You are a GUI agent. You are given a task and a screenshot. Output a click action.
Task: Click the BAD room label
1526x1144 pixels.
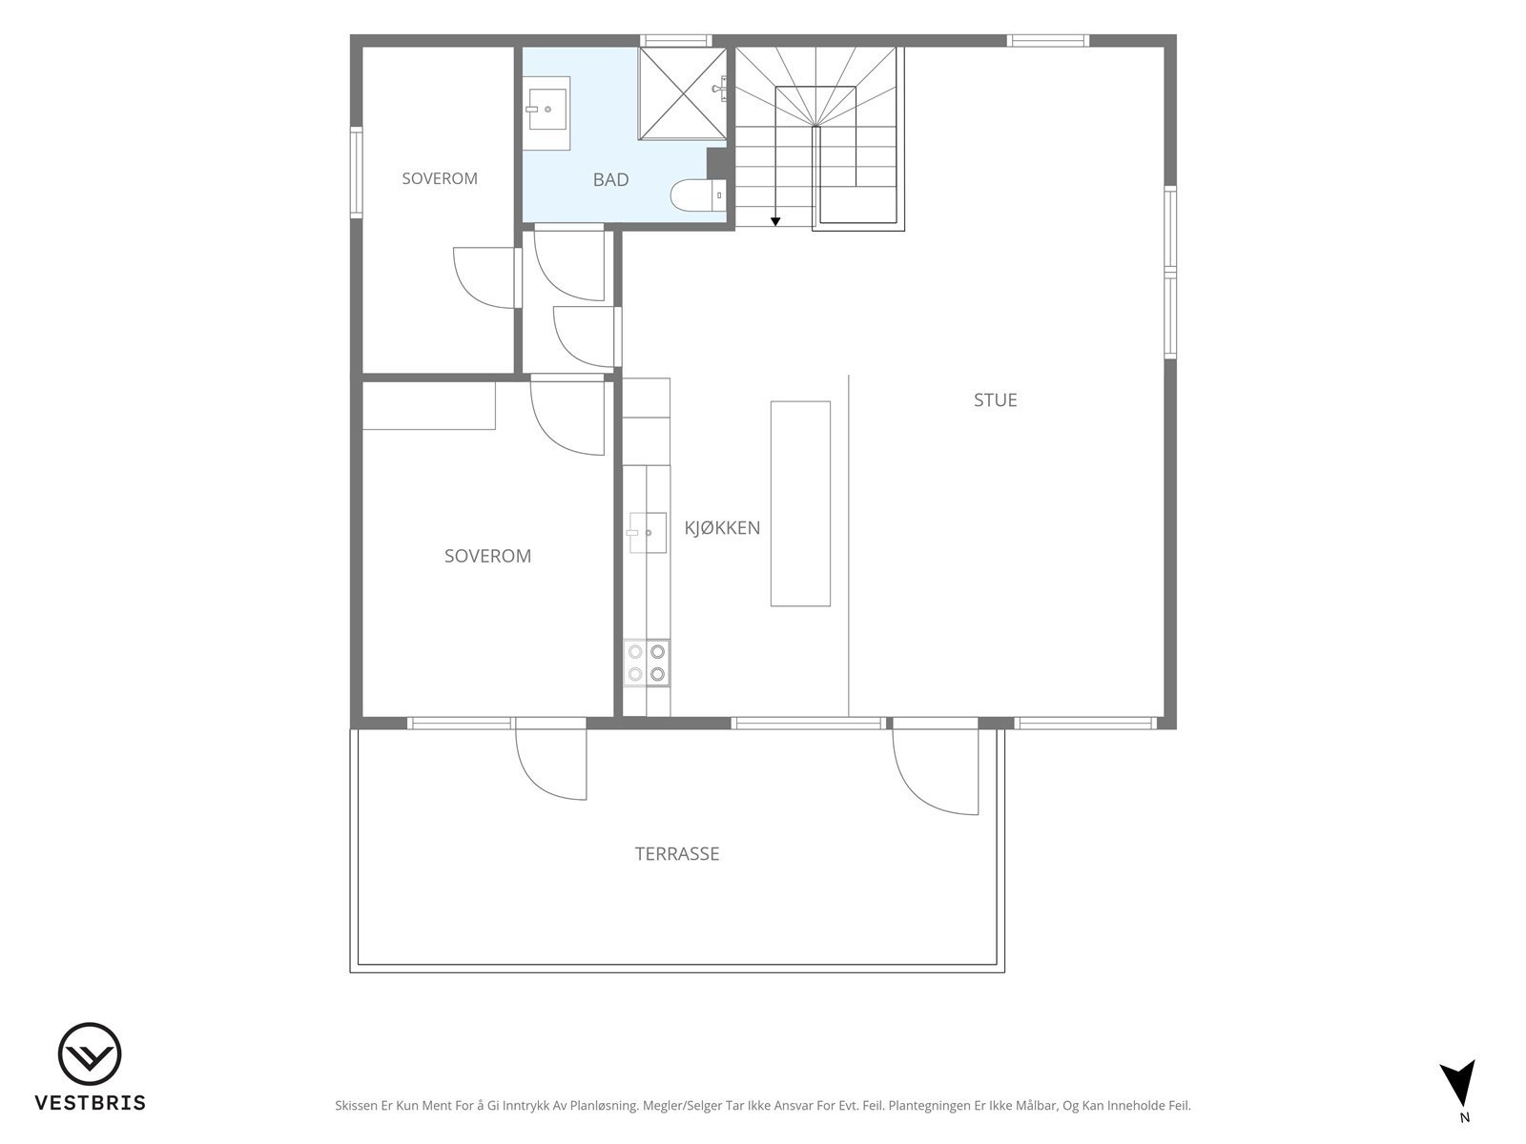click(610, 180)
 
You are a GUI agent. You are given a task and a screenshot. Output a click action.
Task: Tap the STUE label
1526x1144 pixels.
click(995, 400)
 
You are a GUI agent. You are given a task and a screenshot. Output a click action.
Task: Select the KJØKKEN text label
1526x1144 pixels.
click(722, 528)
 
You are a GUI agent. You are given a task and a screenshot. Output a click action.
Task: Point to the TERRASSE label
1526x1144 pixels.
click(676, 853)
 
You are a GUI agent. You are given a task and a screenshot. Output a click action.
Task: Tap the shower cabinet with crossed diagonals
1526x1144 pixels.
click(682, 93)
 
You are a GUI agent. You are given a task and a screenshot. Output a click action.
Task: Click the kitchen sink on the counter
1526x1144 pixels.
click(648, 533)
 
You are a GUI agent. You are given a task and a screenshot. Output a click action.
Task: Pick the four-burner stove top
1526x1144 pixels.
click(647, 663)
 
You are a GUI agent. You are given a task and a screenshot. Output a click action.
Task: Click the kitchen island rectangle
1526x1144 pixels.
click(800, 503)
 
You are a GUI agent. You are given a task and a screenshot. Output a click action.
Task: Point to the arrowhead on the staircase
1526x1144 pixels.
click(775, 221)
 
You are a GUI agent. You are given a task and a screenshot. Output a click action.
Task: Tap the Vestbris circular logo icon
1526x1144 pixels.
click(90, 1054)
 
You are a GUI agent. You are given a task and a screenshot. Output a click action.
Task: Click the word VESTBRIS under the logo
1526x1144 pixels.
click(91, 1102)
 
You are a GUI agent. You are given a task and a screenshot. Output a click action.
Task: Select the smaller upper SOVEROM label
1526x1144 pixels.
click(440, 178)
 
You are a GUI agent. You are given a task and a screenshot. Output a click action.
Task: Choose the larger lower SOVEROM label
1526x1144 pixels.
click(487, 557)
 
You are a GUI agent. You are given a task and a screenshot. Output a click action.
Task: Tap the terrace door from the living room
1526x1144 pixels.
click(935, 766)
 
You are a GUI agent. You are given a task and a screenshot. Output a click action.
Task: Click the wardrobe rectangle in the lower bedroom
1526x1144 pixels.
click(429, 406)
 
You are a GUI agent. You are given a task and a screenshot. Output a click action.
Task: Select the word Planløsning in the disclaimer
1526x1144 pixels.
click(604, 1106)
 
